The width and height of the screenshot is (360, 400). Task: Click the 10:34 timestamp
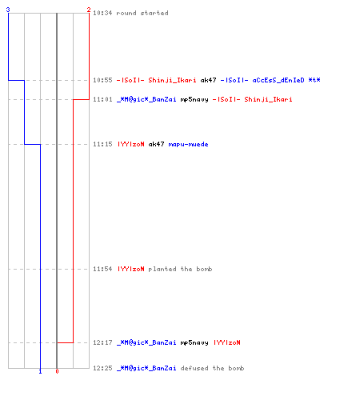pyautogui.click(x=102, y=13)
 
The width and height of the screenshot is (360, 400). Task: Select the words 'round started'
pyautogui.click(x=142, y=13)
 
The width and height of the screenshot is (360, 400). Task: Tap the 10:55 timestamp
pyautogui.click(x=102, y=80)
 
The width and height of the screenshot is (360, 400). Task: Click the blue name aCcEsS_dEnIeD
pyautogui.click(x=278, y=80)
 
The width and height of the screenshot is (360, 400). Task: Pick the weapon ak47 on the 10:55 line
pyautogui.click(x=208, y=80)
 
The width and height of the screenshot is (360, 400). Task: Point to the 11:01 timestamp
pyautogui.click(x=102, y=99)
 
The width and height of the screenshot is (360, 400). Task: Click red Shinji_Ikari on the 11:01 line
pyautogui.click(x=268, y=99)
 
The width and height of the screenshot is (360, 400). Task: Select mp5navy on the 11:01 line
pyautogui.click(x=194, y=100)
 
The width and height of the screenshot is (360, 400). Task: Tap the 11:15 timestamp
pyautogui.click(x=102, y=144)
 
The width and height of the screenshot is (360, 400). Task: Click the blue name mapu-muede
pyautogui.click(x=188, y=144)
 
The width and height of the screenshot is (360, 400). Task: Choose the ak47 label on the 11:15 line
pyautogui.click(x=156, y=144)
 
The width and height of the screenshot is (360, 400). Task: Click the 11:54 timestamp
pyautogui.click(x=102, y=269)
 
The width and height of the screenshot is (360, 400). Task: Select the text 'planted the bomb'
pyautogui.click(x=180, y=269)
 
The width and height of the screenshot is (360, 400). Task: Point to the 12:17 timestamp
pyautogui.click(x=102, y=342)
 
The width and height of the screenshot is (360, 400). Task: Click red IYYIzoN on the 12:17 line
pyautogui.click(x=227, y=342)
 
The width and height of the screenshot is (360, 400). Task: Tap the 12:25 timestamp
pyautogui.click(x=102, y=368)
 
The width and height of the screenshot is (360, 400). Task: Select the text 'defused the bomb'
pyautogui.click(x=212, y=368)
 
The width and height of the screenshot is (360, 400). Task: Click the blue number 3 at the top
pyautogui.click(x=8, y=10)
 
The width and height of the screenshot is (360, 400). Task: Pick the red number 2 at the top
pyautogui.click(x=89, y=10)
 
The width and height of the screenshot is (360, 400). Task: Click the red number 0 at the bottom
pyautogui.click(x=57, y=371)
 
